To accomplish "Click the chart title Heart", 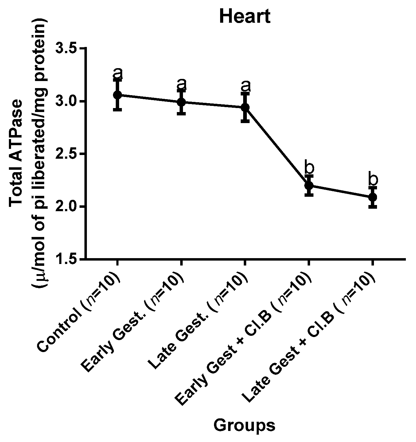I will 245,16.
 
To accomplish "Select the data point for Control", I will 117,95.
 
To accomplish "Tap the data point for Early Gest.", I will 181,102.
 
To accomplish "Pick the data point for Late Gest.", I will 245,107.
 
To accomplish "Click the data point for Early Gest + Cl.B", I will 309,185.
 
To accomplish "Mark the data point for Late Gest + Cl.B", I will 372,197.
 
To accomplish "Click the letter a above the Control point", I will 118,73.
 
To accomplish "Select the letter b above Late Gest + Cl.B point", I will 372,180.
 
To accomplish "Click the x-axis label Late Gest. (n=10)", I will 198,319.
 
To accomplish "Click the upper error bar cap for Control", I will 117,79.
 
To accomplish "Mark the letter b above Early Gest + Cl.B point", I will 309,168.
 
